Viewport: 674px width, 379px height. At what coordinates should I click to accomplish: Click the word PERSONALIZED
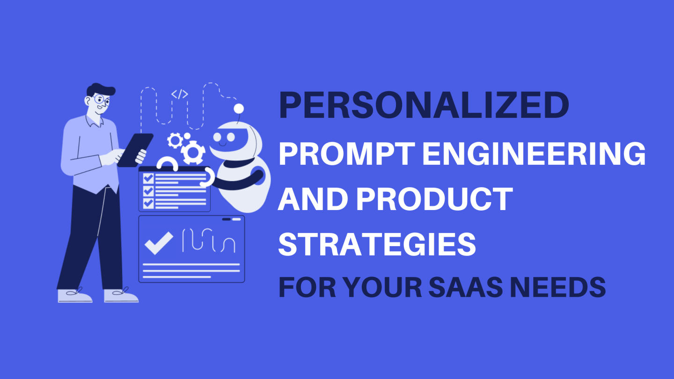pyautogui.click(x=424, y=106)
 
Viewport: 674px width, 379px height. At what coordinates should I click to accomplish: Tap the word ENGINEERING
pyautogui.click(x=534, y=153)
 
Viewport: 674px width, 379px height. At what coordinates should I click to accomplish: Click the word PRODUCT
pyautogui.click(x=435, y=199)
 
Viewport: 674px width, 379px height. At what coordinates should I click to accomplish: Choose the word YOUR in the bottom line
pyautogui.click(x=383, y=287)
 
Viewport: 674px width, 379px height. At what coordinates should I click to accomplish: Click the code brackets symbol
pyautogui.click(x=180, y=94)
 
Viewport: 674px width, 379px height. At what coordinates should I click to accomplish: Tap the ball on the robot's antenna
pyautogui.click(x=239, y=109)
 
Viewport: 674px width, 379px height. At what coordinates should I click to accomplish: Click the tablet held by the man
pyautogui.click(x=135, y=150)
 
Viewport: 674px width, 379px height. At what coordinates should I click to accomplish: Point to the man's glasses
pyautogui.click(x=102, y=99)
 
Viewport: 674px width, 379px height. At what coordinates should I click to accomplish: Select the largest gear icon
pyautogui.click(x=193, y=153)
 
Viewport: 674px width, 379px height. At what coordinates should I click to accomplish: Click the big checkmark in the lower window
pyautogui.click(x=159, y=243)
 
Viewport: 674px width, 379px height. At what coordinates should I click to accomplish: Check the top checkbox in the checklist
pyautogui.click(x=148, y=178)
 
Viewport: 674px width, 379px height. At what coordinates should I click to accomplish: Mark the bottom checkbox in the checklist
pyautogui.click(x=148, y=204)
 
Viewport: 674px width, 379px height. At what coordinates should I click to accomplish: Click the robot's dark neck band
pyautogui.click(x=239, y=163)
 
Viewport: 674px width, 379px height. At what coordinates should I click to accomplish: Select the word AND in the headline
pyautogui.click(x=313, y=199)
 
